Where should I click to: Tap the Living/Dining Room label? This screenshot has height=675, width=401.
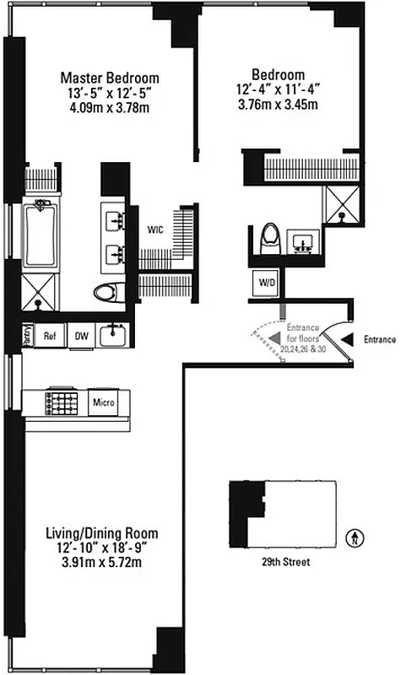tap(101, 533)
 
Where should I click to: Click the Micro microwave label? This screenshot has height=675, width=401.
tap(103, 402)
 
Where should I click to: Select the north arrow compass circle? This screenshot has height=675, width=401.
tap(361, 534)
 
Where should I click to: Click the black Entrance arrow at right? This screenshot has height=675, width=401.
tap(348, 340)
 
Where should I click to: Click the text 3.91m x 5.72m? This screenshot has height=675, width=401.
tap(101, 561)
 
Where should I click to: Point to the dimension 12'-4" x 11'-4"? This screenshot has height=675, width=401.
tap(277, 90)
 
